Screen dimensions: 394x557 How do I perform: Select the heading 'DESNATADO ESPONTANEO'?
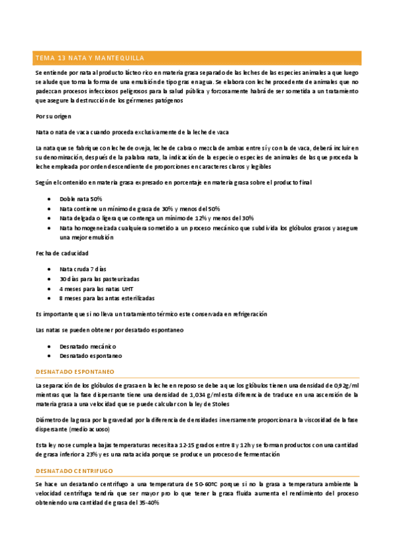coord(78,371)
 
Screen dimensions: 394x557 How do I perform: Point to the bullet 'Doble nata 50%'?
coord(81,198)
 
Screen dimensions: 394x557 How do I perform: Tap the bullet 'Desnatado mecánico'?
coord(87,345)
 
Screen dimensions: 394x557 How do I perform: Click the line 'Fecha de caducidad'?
coord(62,253)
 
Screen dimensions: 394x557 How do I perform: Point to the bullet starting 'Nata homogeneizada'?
coord(197,228)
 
